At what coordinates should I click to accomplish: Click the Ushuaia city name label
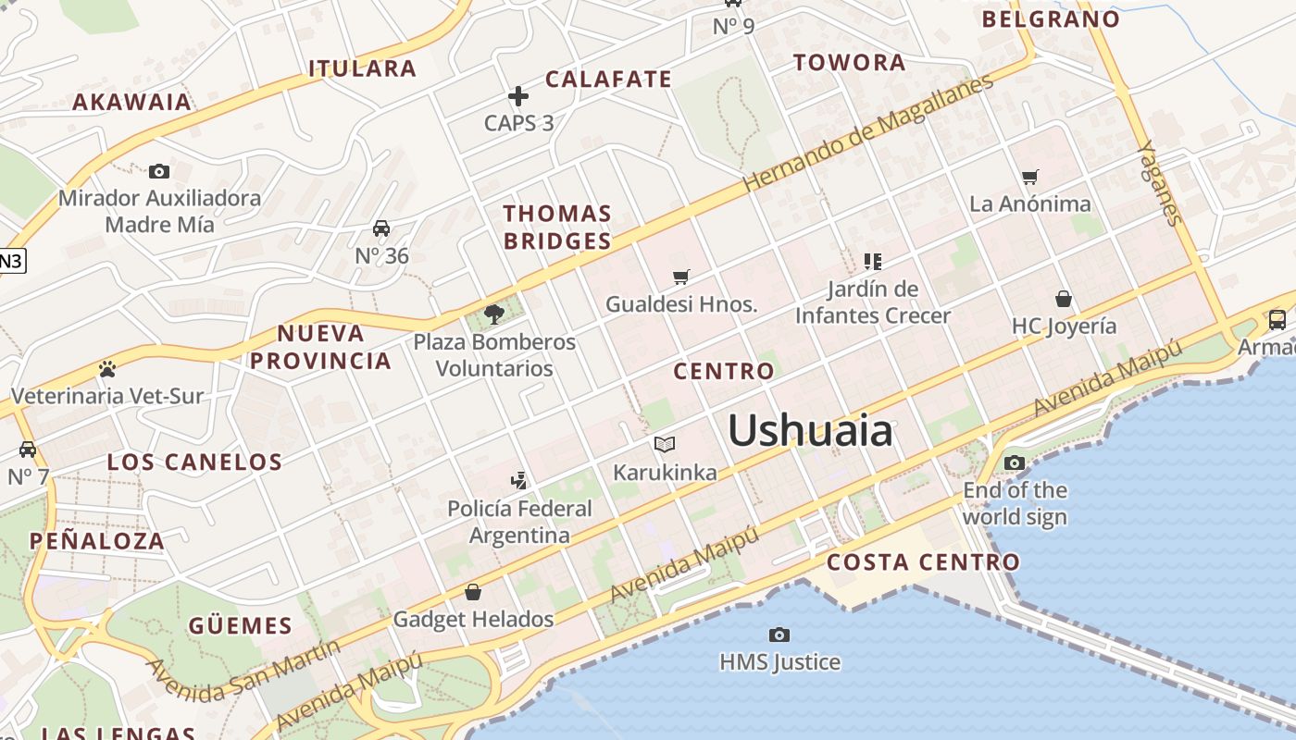(x=810, y=431)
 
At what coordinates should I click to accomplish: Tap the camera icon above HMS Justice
(x=779, y=635)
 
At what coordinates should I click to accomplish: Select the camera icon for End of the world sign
(x=1015, y=462)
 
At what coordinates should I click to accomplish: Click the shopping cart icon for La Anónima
(x=1030, y=177)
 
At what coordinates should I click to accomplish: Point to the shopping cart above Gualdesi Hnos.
(x=681, y=276)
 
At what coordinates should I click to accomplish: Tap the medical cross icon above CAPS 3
(x=518, y=96)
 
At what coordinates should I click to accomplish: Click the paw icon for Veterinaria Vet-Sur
(x=106, y=369)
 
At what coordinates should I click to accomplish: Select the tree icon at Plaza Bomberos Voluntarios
(x=494, y=314)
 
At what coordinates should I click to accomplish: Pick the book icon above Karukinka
(x=665, y=445)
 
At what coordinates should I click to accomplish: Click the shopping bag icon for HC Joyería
(x=1064, y=299)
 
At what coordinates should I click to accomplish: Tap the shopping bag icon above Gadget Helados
(x=473, y=592)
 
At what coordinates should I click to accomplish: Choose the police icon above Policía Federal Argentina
(x=519, y=480)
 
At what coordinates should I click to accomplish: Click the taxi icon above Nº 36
(x=380, y=228)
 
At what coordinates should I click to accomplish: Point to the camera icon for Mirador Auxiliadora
(x=159, y=171)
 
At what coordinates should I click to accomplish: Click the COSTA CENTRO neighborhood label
(x=923, y=562)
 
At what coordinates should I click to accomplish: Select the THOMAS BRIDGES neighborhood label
(x=557, y=228)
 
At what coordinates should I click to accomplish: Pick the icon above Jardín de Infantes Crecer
(x=872, y=262)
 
